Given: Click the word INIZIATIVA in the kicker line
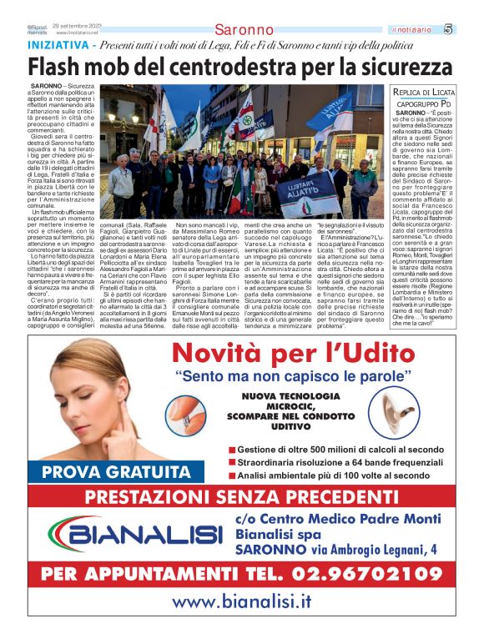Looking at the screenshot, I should coord(59,44).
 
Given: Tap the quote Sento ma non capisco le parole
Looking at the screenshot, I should coord(300,376).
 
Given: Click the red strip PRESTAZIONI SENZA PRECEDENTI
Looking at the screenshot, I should coord(241,497).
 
